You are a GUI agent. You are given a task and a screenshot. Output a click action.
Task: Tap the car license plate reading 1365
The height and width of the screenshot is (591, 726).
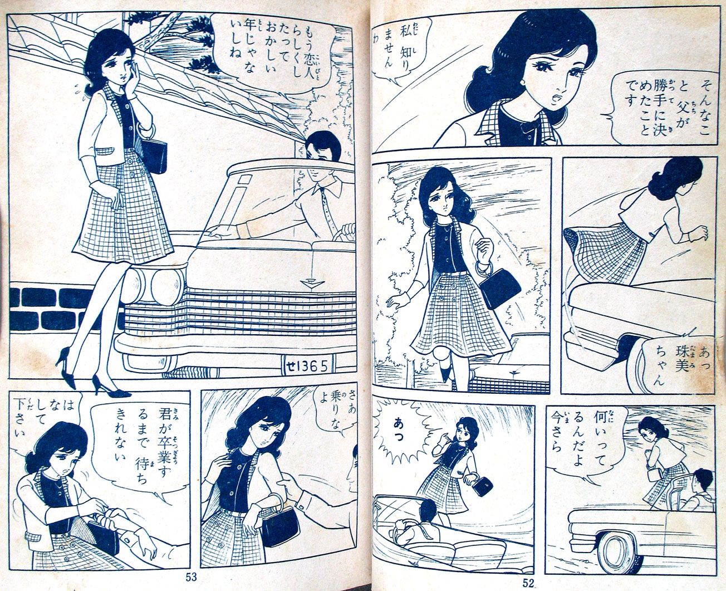[x=306, y=366]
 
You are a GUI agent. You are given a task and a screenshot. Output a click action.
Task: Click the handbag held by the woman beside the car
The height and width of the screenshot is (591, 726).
[x=153, y=156]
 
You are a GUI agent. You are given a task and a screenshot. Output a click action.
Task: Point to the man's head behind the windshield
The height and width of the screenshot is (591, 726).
[x=322, y=146]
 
